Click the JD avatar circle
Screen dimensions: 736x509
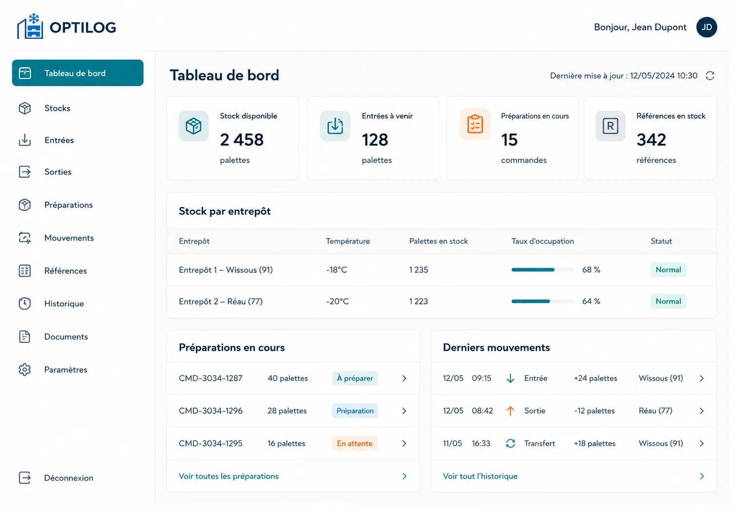coord(706,27)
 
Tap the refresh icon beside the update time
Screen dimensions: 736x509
coord(710,76)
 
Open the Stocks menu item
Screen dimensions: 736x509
coord(57,108)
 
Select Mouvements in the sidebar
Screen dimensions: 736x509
coord(69,238)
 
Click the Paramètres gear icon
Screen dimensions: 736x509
coord(24,370)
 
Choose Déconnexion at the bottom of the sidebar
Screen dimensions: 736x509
coord(69,478)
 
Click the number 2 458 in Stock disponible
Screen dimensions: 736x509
coord(242,140)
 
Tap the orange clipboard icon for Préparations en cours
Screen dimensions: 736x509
coord(475,124)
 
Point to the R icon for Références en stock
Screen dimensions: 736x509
coord(610,126)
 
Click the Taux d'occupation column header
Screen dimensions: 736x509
coord(542,241)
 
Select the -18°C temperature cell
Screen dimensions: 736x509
coord(336,270)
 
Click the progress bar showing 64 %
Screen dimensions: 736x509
coord(543,301)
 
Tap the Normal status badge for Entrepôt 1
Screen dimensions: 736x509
coord(668,270)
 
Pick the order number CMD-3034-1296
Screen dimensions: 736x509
coord(211,411)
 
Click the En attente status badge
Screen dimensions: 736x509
coord(354,443)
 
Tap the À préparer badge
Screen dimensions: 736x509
coord(355,378)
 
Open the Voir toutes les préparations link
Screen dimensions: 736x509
coord(229,476)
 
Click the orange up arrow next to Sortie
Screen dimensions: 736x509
coord(511,411)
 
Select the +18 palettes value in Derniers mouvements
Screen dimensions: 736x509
coord(594,443)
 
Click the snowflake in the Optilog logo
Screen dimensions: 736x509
coord(34,18)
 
